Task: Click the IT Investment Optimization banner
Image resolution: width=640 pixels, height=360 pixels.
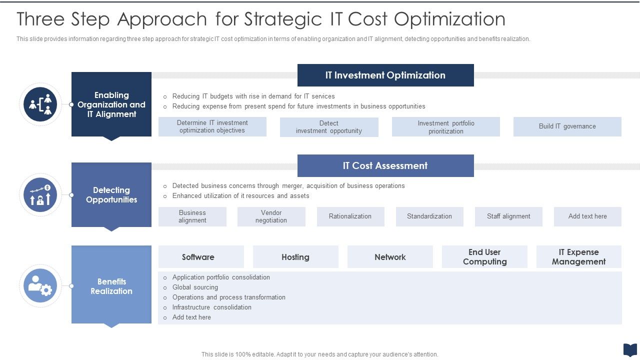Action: (x=385, y=75)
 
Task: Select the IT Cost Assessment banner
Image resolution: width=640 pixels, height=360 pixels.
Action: (x=385, y=165)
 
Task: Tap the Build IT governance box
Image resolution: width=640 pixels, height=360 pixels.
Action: (x=567, y=126)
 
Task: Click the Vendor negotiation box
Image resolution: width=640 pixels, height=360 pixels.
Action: (x=271, y=216)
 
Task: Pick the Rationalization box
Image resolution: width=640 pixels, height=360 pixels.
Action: (x=350, y=216)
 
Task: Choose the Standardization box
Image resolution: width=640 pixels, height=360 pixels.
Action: (x=429, y=216)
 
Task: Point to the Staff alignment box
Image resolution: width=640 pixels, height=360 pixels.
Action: (x=508, y=216)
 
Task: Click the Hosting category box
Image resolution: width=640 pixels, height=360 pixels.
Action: (x=295, y=257)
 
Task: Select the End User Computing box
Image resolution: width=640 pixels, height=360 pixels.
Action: (x=484, y=257)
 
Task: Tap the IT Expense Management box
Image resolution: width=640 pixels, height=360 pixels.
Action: (x=578, y=257)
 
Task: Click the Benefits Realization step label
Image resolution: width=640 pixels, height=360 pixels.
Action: (x=111, y=286)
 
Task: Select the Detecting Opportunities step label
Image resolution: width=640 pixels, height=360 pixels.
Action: (x=111, y=195)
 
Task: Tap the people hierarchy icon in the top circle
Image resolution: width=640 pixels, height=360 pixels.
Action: (x=40, y=104)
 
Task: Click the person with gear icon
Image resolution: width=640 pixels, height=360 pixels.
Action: (x=40, y=285)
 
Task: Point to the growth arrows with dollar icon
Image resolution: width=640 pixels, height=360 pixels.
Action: (x=40, y=195)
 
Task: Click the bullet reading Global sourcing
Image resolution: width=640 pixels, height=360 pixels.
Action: (x=195, y=287)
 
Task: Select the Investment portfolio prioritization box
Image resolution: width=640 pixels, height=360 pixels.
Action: (x=445, y=127)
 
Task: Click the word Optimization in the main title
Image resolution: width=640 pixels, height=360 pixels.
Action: (x=449, y=19)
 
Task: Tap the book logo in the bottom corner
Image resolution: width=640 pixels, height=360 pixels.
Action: (x=629, y=349)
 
